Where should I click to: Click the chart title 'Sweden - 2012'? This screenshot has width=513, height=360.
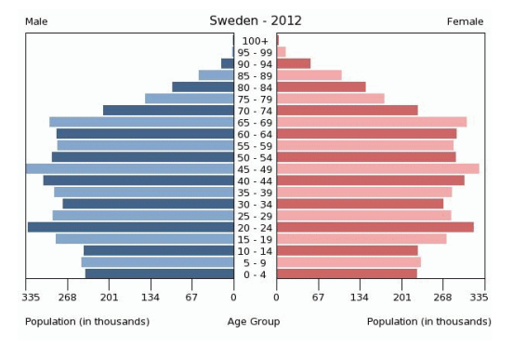point(255,20)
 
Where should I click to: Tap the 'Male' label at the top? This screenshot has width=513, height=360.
point(37,21)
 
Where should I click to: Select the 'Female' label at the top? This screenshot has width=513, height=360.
point(465,21)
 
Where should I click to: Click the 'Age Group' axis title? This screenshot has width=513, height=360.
point(254,322)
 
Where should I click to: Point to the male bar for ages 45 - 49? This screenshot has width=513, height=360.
point(129,168)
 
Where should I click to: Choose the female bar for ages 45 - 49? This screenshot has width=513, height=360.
point(377,168)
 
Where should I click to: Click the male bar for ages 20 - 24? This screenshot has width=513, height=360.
point(130,227)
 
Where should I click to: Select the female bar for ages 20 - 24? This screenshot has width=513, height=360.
point(375,227)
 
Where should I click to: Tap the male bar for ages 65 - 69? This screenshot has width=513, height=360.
point(141,122)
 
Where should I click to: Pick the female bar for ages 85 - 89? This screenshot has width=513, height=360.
point(309,75)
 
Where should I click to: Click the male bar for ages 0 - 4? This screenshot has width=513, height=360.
point(159,273)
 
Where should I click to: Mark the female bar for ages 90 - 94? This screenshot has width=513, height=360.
point(293,63)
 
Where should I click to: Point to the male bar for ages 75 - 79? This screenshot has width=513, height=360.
point(189,99)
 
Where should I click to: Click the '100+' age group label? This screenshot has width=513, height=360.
point(255,41)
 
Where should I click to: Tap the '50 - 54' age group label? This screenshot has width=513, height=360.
point(255,157)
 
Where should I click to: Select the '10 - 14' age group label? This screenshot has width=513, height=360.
point(255,251)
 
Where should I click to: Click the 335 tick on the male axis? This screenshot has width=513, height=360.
point(31,298)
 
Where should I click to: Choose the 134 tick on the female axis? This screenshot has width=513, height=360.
point(360,298)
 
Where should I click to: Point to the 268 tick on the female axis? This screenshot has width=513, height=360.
point(442,298)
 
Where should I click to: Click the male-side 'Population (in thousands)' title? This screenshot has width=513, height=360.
point(87,322)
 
